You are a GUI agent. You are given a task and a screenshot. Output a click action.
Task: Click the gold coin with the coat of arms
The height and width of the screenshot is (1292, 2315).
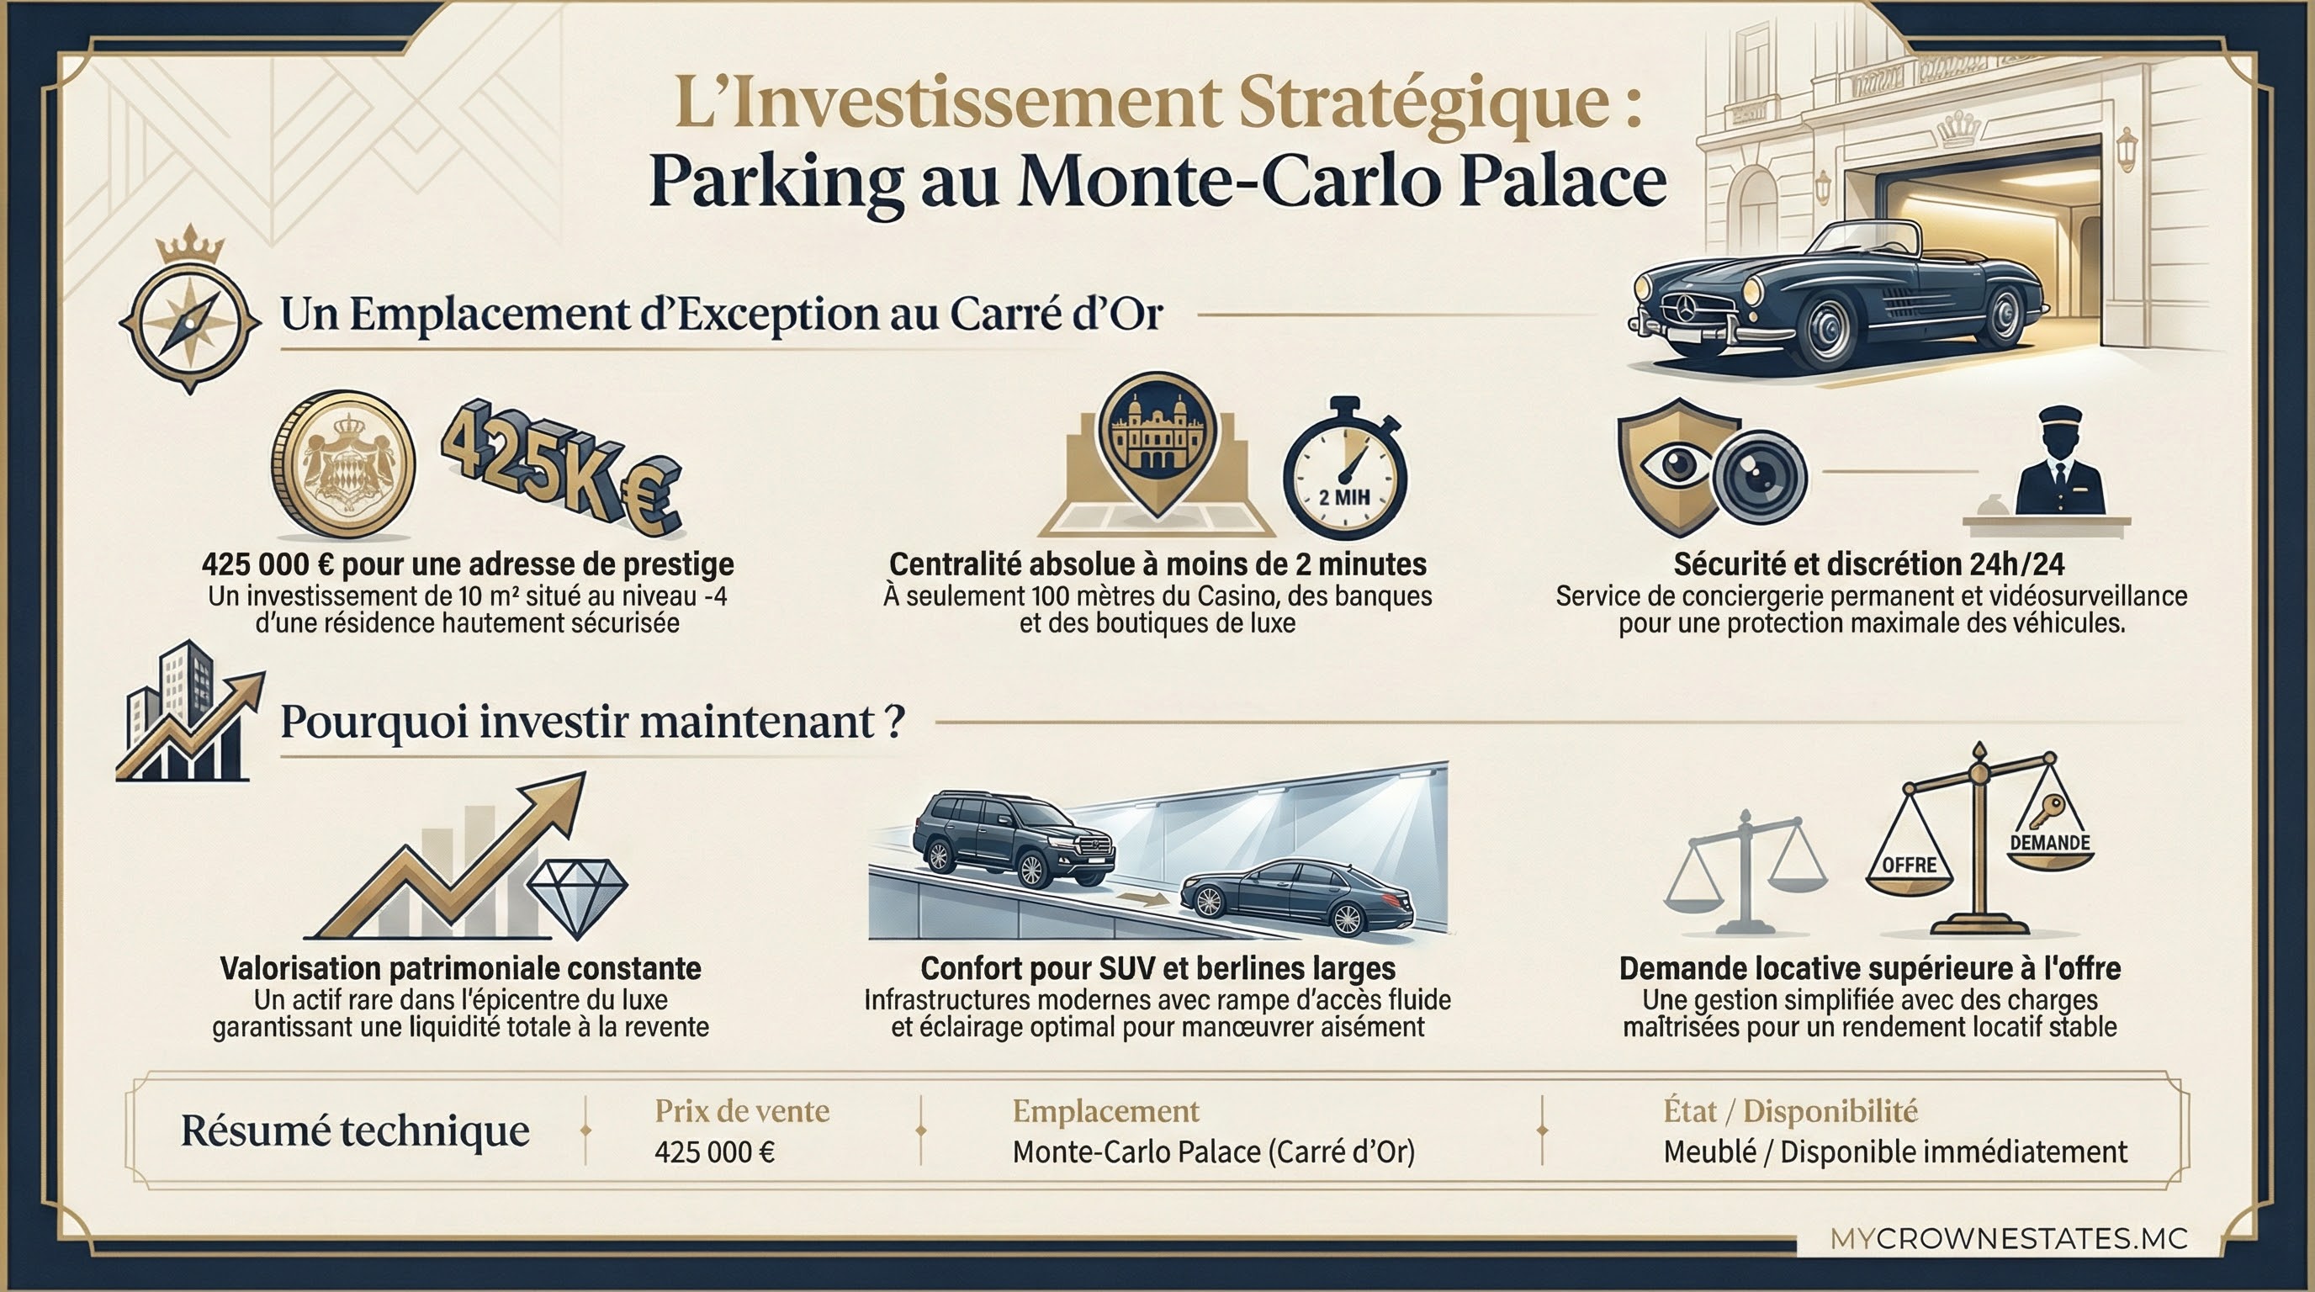pyautogui.click(x=343, y=464)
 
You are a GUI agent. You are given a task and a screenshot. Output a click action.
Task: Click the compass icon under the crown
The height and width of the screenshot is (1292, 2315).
pyautogui.click(x=189, y=322)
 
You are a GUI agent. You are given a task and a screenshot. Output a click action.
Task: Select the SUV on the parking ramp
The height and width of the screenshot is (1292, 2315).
pyautogui.click(x=1013, y=838)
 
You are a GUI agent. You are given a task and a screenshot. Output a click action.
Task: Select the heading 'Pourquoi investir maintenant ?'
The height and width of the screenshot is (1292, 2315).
pyautogui.click(x=592, y=723)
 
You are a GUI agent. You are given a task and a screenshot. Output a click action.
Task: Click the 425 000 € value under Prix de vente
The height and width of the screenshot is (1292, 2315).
pyautogui.click(x=714, y=1152)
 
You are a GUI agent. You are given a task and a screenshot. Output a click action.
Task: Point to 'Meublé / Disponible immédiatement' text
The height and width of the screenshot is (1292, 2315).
pyautogui.click(x=1894, y=1152)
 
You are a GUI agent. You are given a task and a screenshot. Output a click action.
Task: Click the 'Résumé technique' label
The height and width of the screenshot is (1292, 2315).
pyautogui.click(x=355, y=1130)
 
